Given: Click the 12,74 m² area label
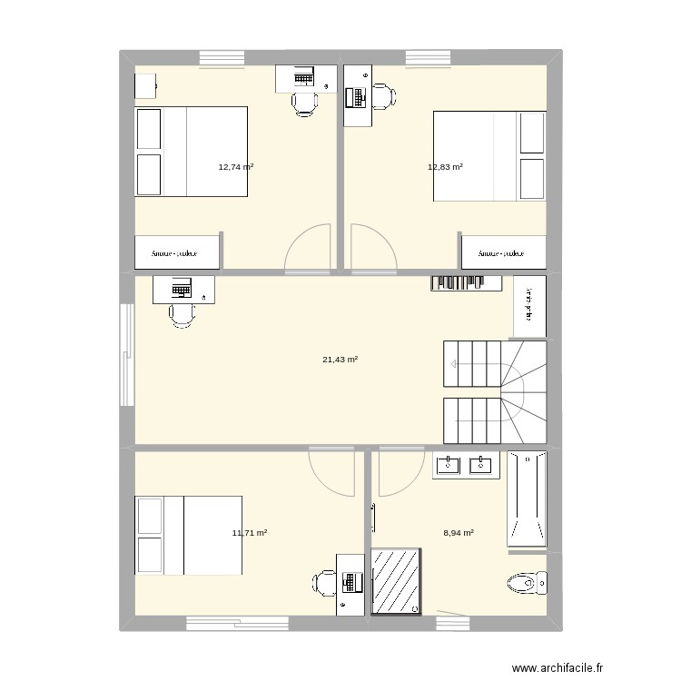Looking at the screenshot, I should (235, 167).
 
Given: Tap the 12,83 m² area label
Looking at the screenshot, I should (445, 167).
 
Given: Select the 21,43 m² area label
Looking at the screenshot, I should (340, 360).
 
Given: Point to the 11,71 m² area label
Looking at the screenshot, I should (249, 533).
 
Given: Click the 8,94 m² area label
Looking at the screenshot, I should (457, 533).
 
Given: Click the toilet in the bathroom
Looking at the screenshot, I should (528, 582).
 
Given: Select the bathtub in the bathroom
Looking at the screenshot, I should (527, 500).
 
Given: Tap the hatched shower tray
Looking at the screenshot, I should (396, 581).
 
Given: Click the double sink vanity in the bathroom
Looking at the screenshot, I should (466, 466).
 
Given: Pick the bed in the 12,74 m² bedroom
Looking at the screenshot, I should (192, 152).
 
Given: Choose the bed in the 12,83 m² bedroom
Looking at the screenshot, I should (489, 156).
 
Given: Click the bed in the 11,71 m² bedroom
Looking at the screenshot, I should (189, 535).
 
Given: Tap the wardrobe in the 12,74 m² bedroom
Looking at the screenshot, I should (178, 253).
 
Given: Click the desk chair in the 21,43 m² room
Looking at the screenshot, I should (182, 314).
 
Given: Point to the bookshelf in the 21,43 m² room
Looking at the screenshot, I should (466, 283).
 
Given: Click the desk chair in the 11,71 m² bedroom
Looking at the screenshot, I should (325, 582).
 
